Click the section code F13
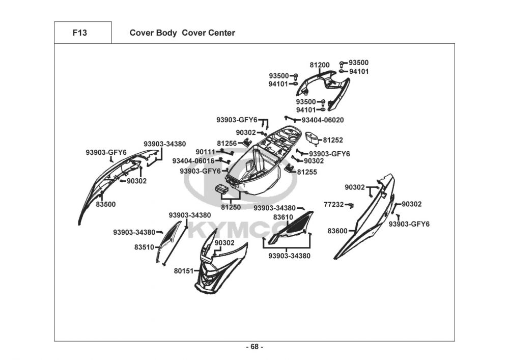point(79,33)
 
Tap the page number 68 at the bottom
point(254,347)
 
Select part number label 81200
point(320,65)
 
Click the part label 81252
point(333,140)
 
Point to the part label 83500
point(106,204)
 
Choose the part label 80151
point(184,271)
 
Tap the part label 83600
point(337,231)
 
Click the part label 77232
point(334,205)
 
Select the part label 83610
point(283,217)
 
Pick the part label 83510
point(145,247)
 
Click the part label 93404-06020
point(323,120)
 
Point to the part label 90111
point(206,152)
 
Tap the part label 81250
point(231,207)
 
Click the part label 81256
point(227,144)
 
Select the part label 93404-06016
point(193,161)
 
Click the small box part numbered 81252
point(313,139)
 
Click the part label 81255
point(307,172)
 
